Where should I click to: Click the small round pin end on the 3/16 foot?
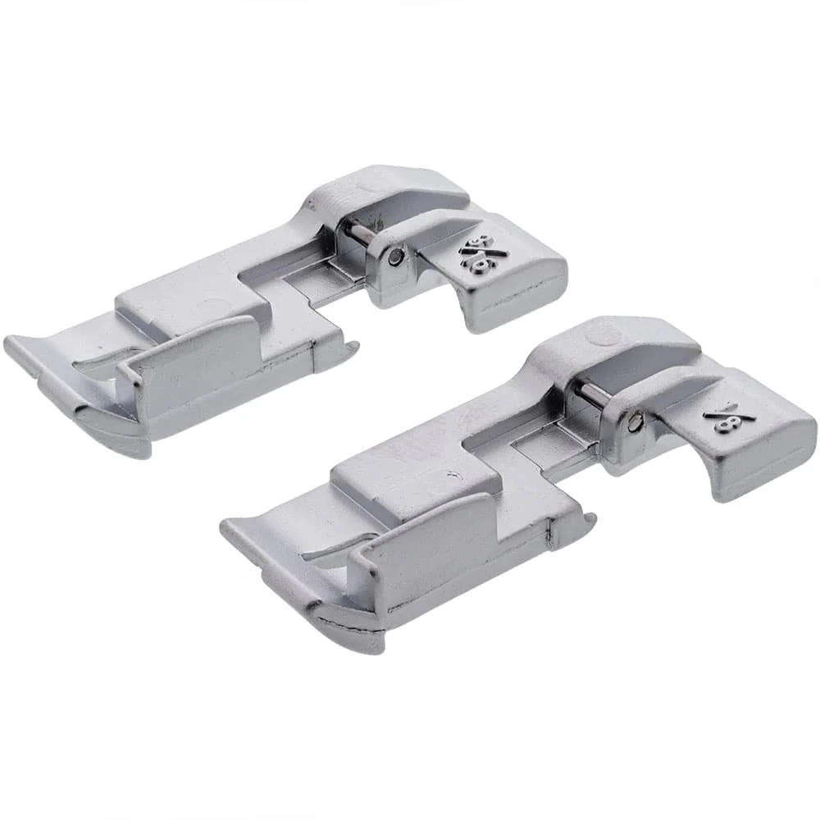397,258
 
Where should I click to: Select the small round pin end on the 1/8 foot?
638,422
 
